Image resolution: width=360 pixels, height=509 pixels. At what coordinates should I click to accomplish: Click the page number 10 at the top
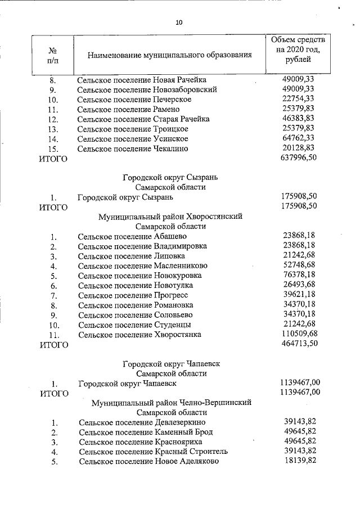pos(179,23)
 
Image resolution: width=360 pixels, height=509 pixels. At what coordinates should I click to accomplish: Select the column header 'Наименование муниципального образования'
pos(169,55)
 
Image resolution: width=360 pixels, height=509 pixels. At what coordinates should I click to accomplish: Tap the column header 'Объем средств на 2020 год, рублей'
pos(297,50)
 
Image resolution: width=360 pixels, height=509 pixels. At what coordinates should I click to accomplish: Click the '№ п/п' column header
pos(53,55)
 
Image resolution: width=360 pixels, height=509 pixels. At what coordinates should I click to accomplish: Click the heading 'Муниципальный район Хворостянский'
pos(170,217)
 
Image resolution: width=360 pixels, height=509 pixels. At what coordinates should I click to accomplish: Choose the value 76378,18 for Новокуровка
pos(299,276)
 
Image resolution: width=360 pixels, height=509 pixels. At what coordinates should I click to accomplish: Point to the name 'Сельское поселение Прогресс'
pos(133,295)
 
